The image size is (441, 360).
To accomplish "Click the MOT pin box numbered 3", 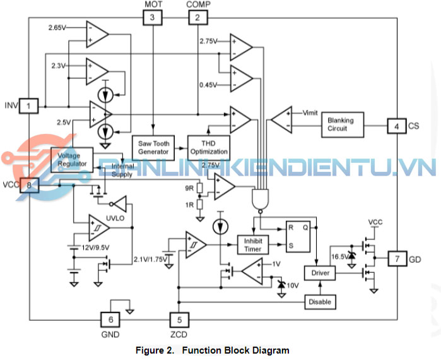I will pyautogui.click(x=152, y=18).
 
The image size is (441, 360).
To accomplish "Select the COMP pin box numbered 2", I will pyautogui.click(x=197, y=18).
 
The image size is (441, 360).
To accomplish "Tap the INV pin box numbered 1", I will pyautogui.click(x=29, y=105).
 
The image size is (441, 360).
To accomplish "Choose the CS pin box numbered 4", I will pyautogui.click(x=396, y=126).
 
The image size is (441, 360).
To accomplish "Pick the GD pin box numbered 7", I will pyautogui.click(x=397, y=259).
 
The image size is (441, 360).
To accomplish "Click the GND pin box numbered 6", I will pyautogui.click(x=110, y=320).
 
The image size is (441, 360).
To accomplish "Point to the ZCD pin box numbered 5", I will pyautogui.click(x=179, y=320).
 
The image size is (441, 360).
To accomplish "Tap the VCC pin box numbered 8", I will pyautogui.click(x=29, y=185).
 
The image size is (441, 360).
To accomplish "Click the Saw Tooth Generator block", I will pyautogui.click(x=153, y=147).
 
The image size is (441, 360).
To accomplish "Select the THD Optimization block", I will pyautogui.click(x=209, y=147).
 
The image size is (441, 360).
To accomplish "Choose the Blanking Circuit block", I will pyautogui.click(x=341, y=124).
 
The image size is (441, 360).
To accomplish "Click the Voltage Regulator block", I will pyautogui.click(x=72, y=160).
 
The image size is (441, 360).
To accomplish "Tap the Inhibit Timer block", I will pyautogui.click(x=252, y=244).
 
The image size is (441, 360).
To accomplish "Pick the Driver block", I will pyautogui.click(x=320, y=273).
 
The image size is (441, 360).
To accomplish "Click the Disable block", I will pyautogui.click(x=320, y=302).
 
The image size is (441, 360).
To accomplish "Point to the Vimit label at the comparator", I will pyautogui.click(x=310, y=113).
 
